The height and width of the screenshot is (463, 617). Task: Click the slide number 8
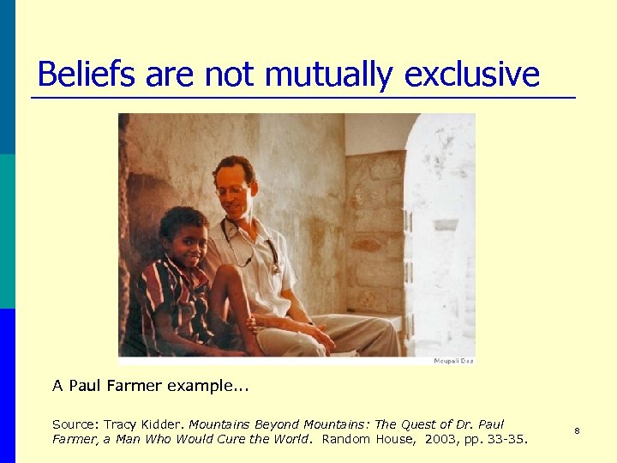(577, 430)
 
